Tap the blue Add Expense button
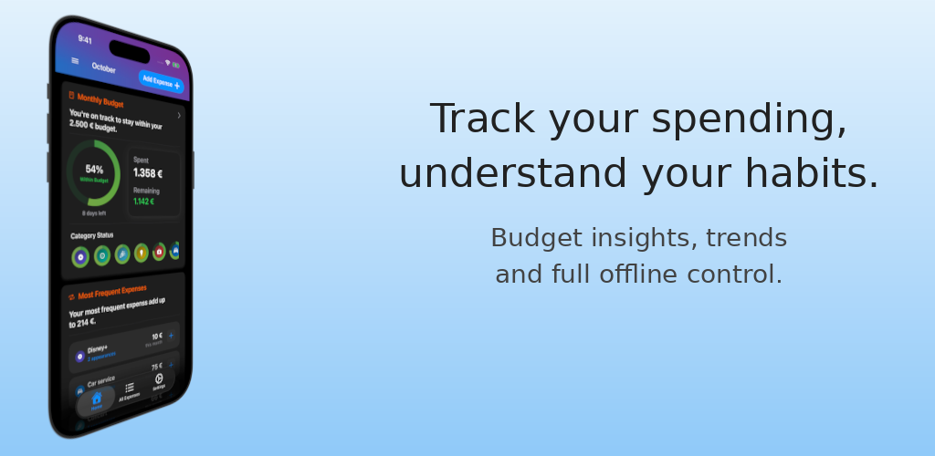pos(161,82)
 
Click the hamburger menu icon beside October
pos(75,61)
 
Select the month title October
pos(103,68)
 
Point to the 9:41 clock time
pos(85,40)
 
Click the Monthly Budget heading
pos(100,100)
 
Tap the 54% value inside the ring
pos(94,169)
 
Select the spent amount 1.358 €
pos(148,173)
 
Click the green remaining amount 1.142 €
pos(144,202)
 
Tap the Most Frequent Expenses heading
pos(111,293)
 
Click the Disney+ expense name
pos(99,347)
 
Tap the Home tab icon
pos(96,398)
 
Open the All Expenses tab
pos(129,389)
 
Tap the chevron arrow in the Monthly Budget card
pos(179,116)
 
